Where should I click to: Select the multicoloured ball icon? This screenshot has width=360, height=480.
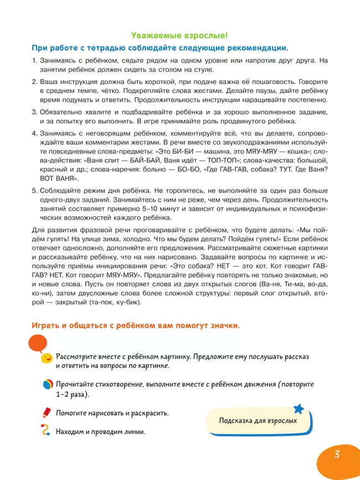coord(48,386)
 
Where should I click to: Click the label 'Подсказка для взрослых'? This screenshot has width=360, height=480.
coord(258,420)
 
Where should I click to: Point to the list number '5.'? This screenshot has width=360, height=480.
coord(34,190)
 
